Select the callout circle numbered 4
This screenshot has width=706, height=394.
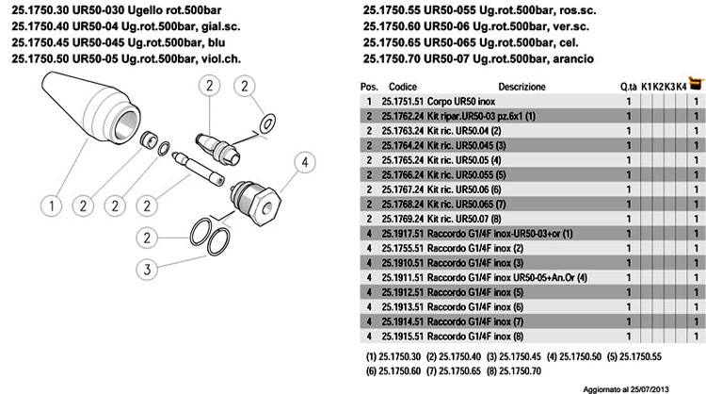coord(305,163)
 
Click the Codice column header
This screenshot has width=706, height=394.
coord(402,85)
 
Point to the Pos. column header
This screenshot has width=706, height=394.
coord(368,85)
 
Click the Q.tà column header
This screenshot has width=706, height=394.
coord(628,86)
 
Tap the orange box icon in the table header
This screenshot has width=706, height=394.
coord(695,84)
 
